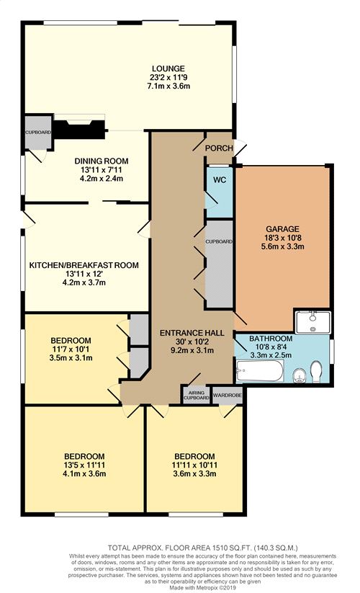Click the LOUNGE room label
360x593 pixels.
(x=168, y=68)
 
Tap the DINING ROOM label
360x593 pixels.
(x=102, y=161)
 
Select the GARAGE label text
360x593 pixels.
(x=282, y=229)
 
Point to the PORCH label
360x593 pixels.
(x=219, y=148)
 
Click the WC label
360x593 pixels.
(x=220, y=179)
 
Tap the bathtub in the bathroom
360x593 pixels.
(x=259, y=370)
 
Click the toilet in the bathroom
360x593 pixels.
(x=316, y=372)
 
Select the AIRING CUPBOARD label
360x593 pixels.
(x=197, y=395)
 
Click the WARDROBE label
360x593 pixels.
(x=227, y=395)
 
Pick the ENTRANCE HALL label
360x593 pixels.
(x=192, y=333)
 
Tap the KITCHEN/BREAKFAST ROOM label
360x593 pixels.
(x=84, y=265)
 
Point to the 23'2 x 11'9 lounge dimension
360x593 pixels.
(x=168, y=77)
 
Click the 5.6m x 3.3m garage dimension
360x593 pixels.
(x=282, y=246)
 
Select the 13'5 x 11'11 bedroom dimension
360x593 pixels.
(x=84, y=465)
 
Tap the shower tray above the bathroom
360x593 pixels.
(x=312, y=322)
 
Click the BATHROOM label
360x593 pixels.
(x=271, y=339)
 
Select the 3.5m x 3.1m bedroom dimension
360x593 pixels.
(x=71, y=357)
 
